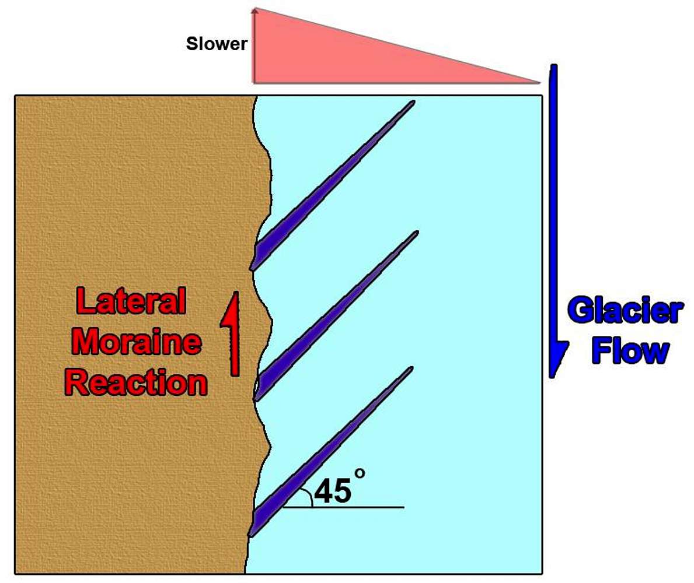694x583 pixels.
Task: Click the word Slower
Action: point(217,44)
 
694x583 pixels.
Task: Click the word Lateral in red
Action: point(131,301)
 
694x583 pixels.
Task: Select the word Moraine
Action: point(137,342)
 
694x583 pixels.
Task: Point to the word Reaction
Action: point(136,382)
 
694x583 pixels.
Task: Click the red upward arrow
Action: point(232,333)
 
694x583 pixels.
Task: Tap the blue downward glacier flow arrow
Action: point(555,221)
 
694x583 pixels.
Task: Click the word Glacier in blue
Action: point(625,311)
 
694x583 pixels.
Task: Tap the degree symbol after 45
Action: point(360,473)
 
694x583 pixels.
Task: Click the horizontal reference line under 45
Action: point(343,507)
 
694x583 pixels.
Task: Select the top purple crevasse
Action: point(332,185)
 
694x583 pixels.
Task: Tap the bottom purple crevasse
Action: point(330,452)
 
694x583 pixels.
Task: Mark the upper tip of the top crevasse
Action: point(414,101)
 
